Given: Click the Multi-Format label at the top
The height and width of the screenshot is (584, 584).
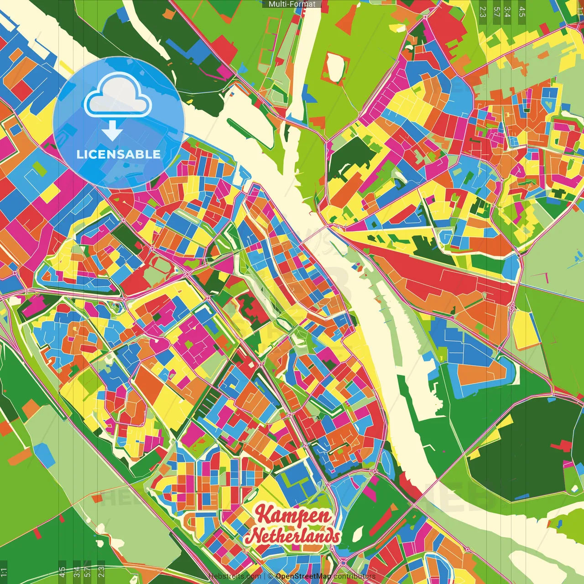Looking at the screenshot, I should click(292, 4).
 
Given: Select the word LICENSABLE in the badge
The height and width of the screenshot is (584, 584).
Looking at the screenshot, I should click(119, 154).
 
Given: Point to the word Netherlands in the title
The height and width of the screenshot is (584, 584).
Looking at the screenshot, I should click(292, 536).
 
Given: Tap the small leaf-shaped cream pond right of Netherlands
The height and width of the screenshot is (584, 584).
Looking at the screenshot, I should click(359, 532).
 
